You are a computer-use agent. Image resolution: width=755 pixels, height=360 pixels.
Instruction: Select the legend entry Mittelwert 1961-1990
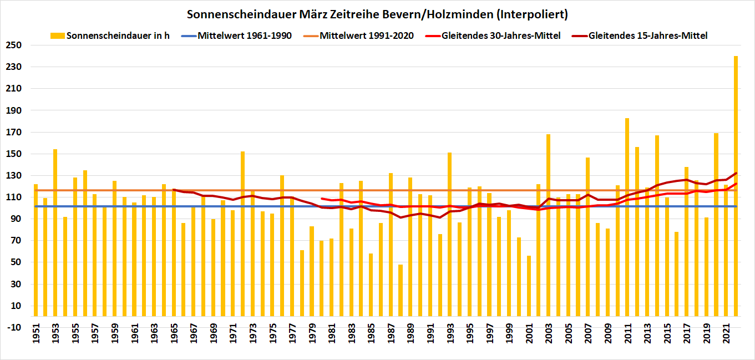point(244,36)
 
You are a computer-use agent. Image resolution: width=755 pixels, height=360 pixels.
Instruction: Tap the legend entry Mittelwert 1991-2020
point(366,36)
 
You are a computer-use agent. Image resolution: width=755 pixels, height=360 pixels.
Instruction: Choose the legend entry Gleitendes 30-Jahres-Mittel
point(500,36)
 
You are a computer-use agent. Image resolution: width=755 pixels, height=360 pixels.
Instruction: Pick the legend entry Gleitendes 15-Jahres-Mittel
point(647,36)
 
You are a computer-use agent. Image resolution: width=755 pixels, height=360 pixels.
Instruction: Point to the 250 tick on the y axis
point(13,45)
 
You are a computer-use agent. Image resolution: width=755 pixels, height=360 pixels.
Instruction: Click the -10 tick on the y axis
point(13,327)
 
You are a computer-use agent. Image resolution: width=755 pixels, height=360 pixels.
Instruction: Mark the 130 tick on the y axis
point(13,176)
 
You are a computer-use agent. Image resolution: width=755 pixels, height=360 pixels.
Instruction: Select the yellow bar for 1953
point(55,233)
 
